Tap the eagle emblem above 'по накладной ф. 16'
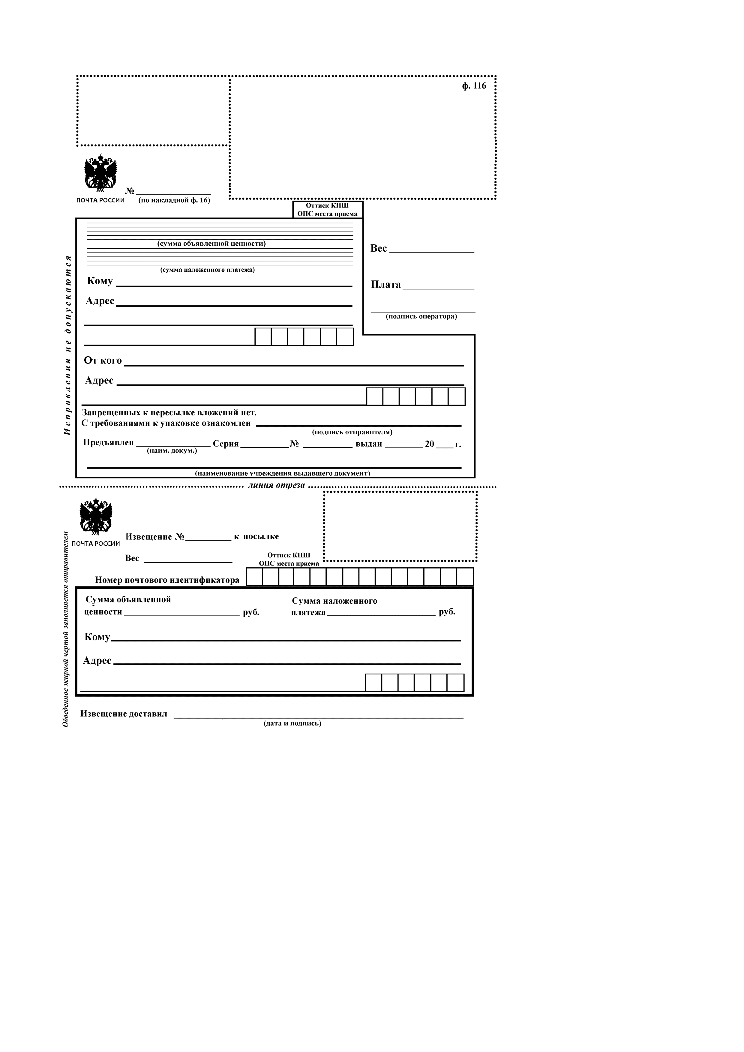100,173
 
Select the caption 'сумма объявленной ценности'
211,244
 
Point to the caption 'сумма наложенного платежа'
207,270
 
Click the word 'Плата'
385,285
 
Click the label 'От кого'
103,360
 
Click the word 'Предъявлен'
109,443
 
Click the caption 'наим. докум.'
172,451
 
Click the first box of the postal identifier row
254,577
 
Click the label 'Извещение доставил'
124,714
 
